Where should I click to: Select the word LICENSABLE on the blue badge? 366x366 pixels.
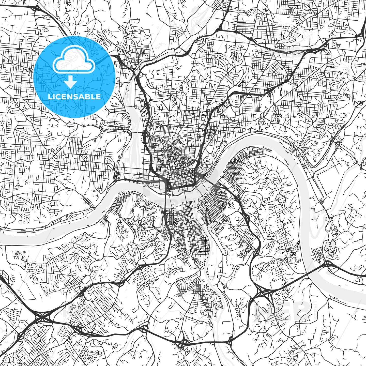point(74,97)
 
